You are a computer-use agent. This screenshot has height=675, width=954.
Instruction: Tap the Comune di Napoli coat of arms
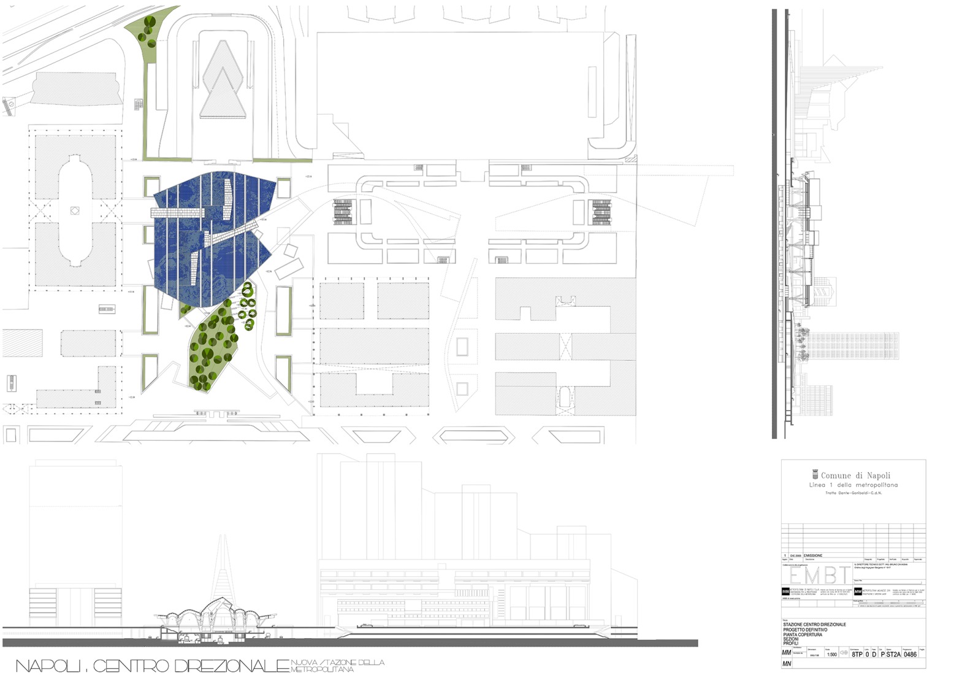coord(815,474)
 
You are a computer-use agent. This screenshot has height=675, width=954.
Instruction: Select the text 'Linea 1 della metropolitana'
coord(853,485)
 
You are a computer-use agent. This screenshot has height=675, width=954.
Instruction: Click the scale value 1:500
coord(831,655)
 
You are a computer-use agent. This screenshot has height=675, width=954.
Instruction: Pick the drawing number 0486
coord(910,654)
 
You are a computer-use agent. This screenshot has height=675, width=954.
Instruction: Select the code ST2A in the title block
coord(893,654)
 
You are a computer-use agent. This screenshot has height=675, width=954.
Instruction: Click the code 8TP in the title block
coord(857,654)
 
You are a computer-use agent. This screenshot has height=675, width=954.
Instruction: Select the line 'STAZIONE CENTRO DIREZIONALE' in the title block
coord(814,625)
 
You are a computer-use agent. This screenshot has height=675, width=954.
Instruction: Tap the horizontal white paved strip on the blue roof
coord(178,212)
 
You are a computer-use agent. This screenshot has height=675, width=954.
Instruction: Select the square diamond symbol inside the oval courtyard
coord(75,210)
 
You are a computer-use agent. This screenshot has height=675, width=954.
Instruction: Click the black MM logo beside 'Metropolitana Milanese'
coord(858,592)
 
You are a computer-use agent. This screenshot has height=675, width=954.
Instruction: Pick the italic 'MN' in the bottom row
coord(787,664)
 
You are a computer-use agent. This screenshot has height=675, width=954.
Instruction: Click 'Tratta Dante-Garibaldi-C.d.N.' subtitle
coord(853,493)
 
